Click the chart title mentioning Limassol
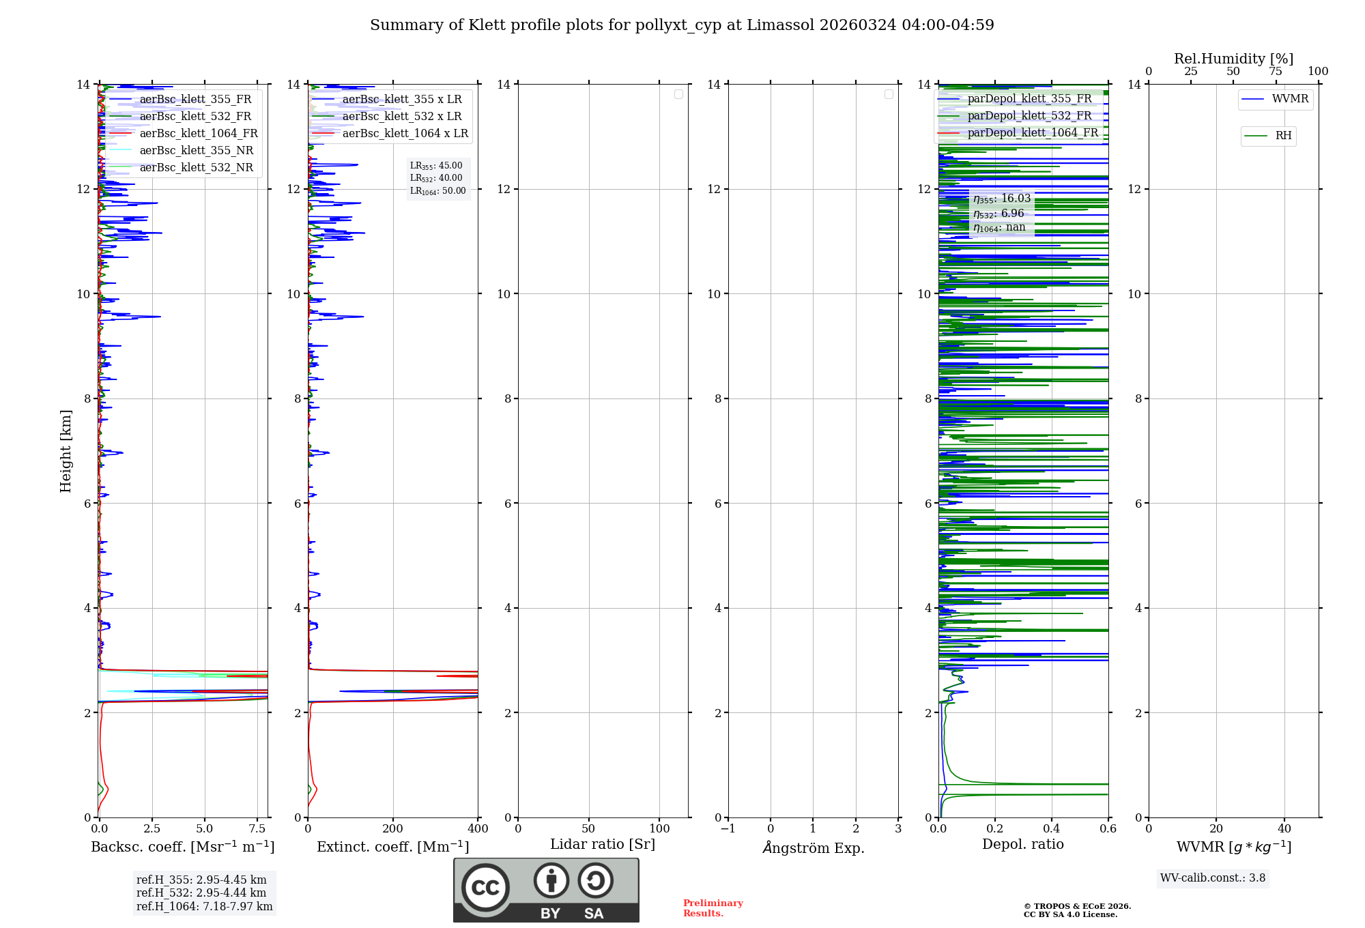(x=682, y=25)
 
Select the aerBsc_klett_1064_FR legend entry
(x=199, y=134)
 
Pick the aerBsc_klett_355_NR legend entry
(x=196, y=151)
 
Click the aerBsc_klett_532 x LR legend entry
(x=401, y=117)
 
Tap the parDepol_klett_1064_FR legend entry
(x=1033, y=133)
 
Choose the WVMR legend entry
(x=1290, y=99)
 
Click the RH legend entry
(x=1283, y=136)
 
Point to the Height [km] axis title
(x=66, y=451)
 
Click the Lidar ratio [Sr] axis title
(x=603, y=845)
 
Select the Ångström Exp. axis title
(x=813, y=848)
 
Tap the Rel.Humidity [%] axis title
(x=1233, y=59)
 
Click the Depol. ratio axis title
(x=1022, y=845)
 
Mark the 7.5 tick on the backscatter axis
(x=257, y=829)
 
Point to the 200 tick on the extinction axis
(x=393, y=829)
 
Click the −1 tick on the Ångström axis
(x=728, y=829)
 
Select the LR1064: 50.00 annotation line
(x=437, y=191)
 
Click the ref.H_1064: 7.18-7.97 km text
(x=204, y=907)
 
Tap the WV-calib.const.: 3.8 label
(x=1213, y=878)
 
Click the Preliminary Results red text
(x=713, y=908)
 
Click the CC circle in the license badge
(x=485, y=888)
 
